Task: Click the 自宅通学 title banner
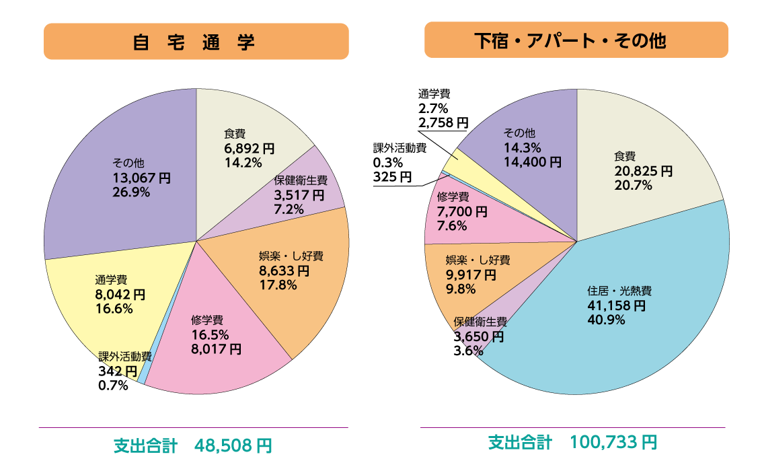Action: coord(196,42)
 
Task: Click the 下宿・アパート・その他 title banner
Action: coord(576,40)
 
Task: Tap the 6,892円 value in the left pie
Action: coord(249,148)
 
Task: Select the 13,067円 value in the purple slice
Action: coord(141,178)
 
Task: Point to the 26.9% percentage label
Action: coord(130,192)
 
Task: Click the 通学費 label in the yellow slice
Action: coord(111,280)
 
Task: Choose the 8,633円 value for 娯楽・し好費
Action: coord(284,270)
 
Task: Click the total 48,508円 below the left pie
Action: coord(233,445)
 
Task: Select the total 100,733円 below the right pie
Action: coord(613,442)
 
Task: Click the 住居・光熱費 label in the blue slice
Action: coord(619,291)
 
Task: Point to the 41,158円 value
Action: coord(616,305)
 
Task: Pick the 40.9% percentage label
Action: coord(606,320)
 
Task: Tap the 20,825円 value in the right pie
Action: coord(643,171)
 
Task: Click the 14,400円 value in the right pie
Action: coord(533,161)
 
